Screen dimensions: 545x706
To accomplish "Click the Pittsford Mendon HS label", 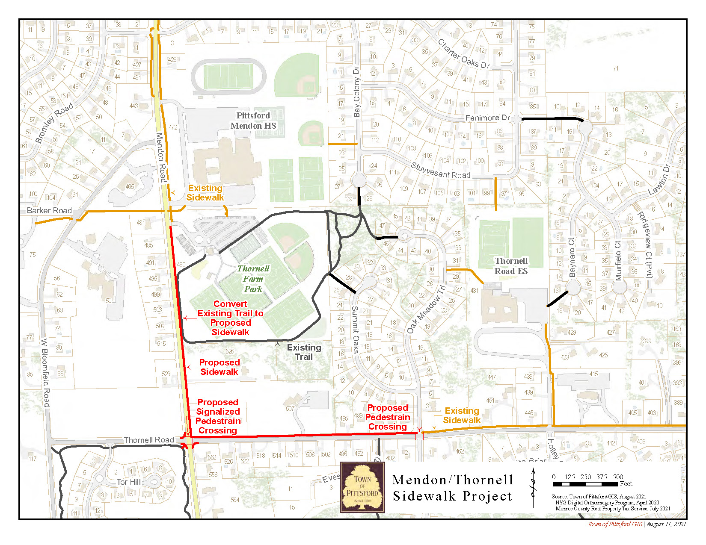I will (253, 121).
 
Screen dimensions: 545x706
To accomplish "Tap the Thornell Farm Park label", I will (253, 279).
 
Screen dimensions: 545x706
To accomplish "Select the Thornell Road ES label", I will (511, 266).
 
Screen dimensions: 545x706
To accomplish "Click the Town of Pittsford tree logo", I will (362, 487).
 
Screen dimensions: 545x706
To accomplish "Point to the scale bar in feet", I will (586, 484).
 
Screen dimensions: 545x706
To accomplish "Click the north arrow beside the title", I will (533, 488).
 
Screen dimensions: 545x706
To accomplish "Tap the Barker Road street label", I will (49, 210).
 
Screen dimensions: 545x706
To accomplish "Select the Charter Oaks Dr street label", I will (463, 54).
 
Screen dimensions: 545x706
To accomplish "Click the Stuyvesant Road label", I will (440, 170).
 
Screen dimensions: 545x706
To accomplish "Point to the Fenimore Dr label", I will (487, 118).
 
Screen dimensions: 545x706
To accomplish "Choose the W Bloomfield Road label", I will (45, 372).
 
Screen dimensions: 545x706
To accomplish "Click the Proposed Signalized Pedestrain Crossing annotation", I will (218, 416).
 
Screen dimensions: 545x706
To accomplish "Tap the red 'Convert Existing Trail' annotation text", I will (230, 318).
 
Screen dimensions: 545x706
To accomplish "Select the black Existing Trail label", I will (304, 352).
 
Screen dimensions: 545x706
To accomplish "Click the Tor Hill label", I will (128, 482).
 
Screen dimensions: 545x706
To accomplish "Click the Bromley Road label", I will (54, 123).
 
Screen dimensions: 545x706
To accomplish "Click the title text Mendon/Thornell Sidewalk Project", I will (452, 488).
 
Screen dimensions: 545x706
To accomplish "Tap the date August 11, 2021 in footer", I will (666, 524).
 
